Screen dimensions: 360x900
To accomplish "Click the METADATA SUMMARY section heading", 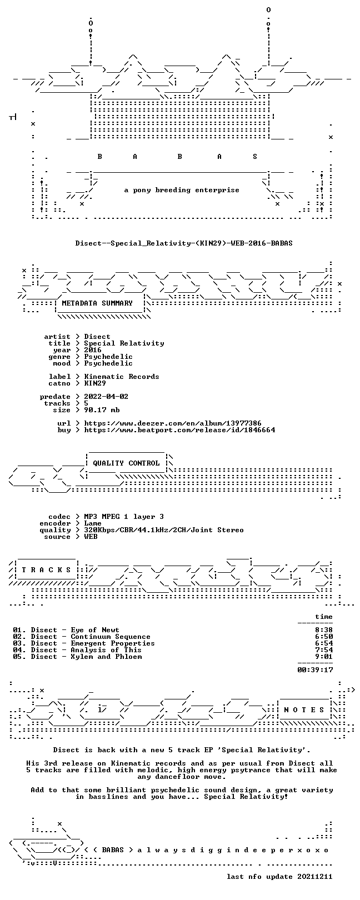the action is pyautogui.click(x=97, y=303).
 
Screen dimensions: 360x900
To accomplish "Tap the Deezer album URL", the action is pyautogui.click(x=173, y=423).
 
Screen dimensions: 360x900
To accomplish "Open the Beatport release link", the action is pyautogui.click(x=179, y=431).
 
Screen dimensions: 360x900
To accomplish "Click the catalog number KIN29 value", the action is pyautogui.click(x=95, y=384).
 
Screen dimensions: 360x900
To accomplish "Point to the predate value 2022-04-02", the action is pyautogui.click(x=106, y=397).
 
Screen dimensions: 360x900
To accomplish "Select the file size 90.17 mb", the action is pyautogui.click(x=102, y=410).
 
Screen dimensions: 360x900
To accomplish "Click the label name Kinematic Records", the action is pyautogui.click(x=122, y=377).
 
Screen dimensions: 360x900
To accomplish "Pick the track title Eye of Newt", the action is pyautogui.click(x=95, y=630).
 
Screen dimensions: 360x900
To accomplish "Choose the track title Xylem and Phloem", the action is pyautogui.click(x=106, y=657).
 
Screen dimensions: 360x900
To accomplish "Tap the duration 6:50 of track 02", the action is pyautogui.click(x=324, y=637).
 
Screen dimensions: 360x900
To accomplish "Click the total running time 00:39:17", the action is pyautogui.click(x=315, y=670).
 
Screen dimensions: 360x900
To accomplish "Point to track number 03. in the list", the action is pyautogui.click(x=19, y=643).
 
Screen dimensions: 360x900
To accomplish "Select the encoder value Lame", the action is pyautogui.click(x=93, y=523).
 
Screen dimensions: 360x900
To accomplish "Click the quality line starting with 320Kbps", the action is pyautogui.click(x=164, y=531).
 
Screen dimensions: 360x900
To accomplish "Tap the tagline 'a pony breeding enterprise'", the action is pyautogui.click(x=182, y=190).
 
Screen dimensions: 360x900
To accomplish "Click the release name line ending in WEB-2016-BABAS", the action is pyautogui.click(x=184, y=243).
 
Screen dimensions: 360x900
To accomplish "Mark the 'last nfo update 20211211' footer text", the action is pyautogui.click(x=279, y=877).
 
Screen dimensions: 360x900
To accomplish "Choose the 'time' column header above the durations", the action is pyautogui.click(x=324, y=617).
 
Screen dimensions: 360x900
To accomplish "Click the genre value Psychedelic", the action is pyautogui.click(x=108, y=357).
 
